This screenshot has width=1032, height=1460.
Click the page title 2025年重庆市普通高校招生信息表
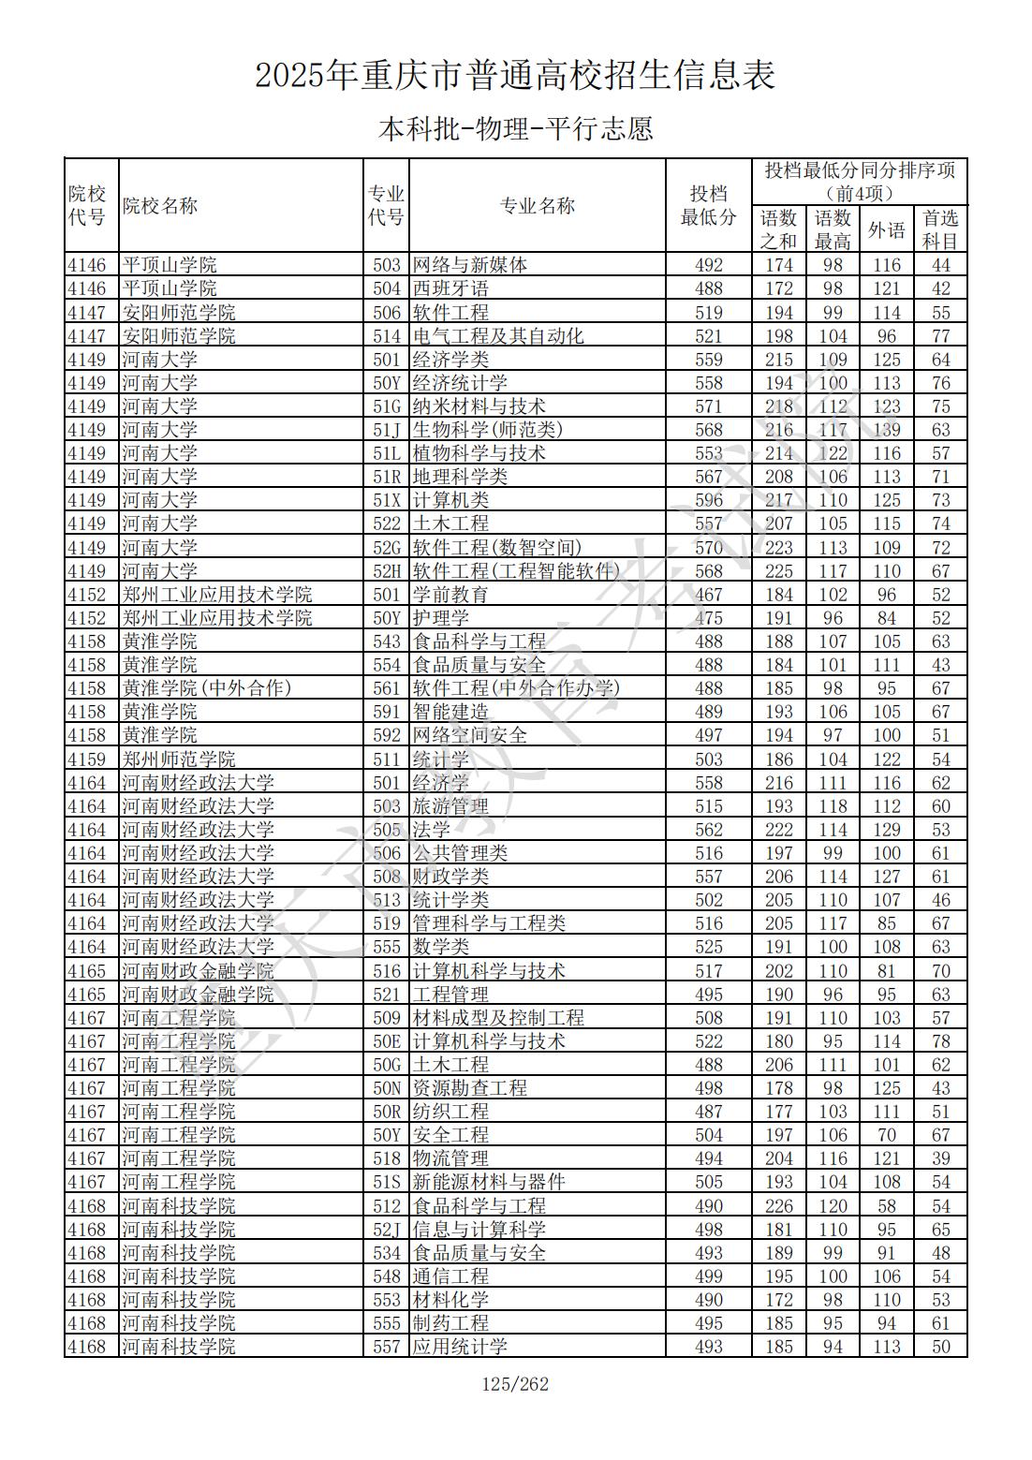pyautogui.click(x=515, y=76)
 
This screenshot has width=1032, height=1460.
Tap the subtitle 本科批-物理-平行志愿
pyautogui.click(x=515, y=128)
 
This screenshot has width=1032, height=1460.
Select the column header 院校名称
pyautogui.click(x=160, y=206)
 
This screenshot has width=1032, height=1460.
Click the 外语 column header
pyautogui.click(x=887, y=229)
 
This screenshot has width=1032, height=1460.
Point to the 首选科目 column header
pyautogui.click(x=941, y=229)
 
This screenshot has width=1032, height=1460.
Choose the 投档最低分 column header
pyautogui.click(x=709, y=206)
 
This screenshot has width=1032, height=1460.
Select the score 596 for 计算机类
pyautogui.click(x=709, y=500)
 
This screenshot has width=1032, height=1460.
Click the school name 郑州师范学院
pyautogui.click(x=179, y=759)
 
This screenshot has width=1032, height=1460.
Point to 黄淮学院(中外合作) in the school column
pyautogui.click(x=207, y=688)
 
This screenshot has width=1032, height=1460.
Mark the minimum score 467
pyautogui.click(x=709, y=595)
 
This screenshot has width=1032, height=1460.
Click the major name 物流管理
pyautogui.click(x=450, y=1158)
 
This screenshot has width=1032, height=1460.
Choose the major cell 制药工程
pyautogui.click(x=450, y=1323)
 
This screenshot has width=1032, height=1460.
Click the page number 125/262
pyautogui.click(x=515, y=1384)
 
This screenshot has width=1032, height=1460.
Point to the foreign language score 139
pyautogui.click(x=887, y=430)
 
